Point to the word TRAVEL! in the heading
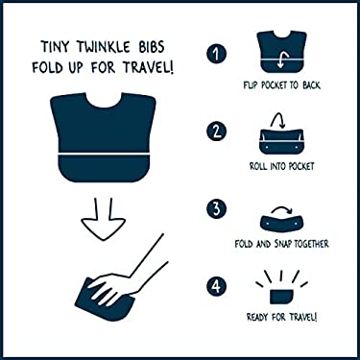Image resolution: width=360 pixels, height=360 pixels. [147, 66]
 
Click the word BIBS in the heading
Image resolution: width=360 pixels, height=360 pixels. [160, 45]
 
